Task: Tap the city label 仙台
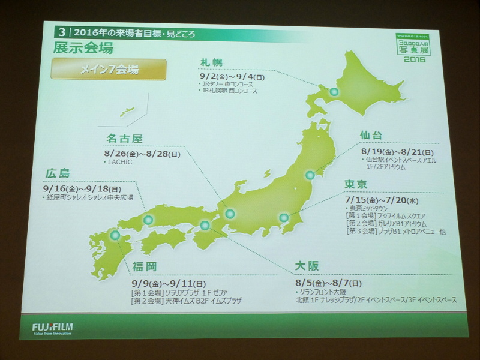[x=371, y=136]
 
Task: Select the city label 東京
[x=356, y=184]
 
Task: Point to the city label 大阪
[x=307, y=265]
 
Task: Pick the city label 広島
[x=58, y=173]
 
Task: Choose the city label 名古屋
[x=124, y=139]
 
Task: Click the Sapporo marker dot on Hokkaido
[x=334, y=92]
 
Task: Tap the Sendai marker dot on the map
[x=310, y=175]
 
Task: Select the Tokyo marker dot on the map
[x=284, y=218]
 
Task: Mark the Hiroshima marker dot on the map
[x=148, y=221]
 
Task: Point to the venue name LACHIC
[x=120, y=162]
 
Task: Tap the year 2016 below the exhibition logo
[x=415, y=58]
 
